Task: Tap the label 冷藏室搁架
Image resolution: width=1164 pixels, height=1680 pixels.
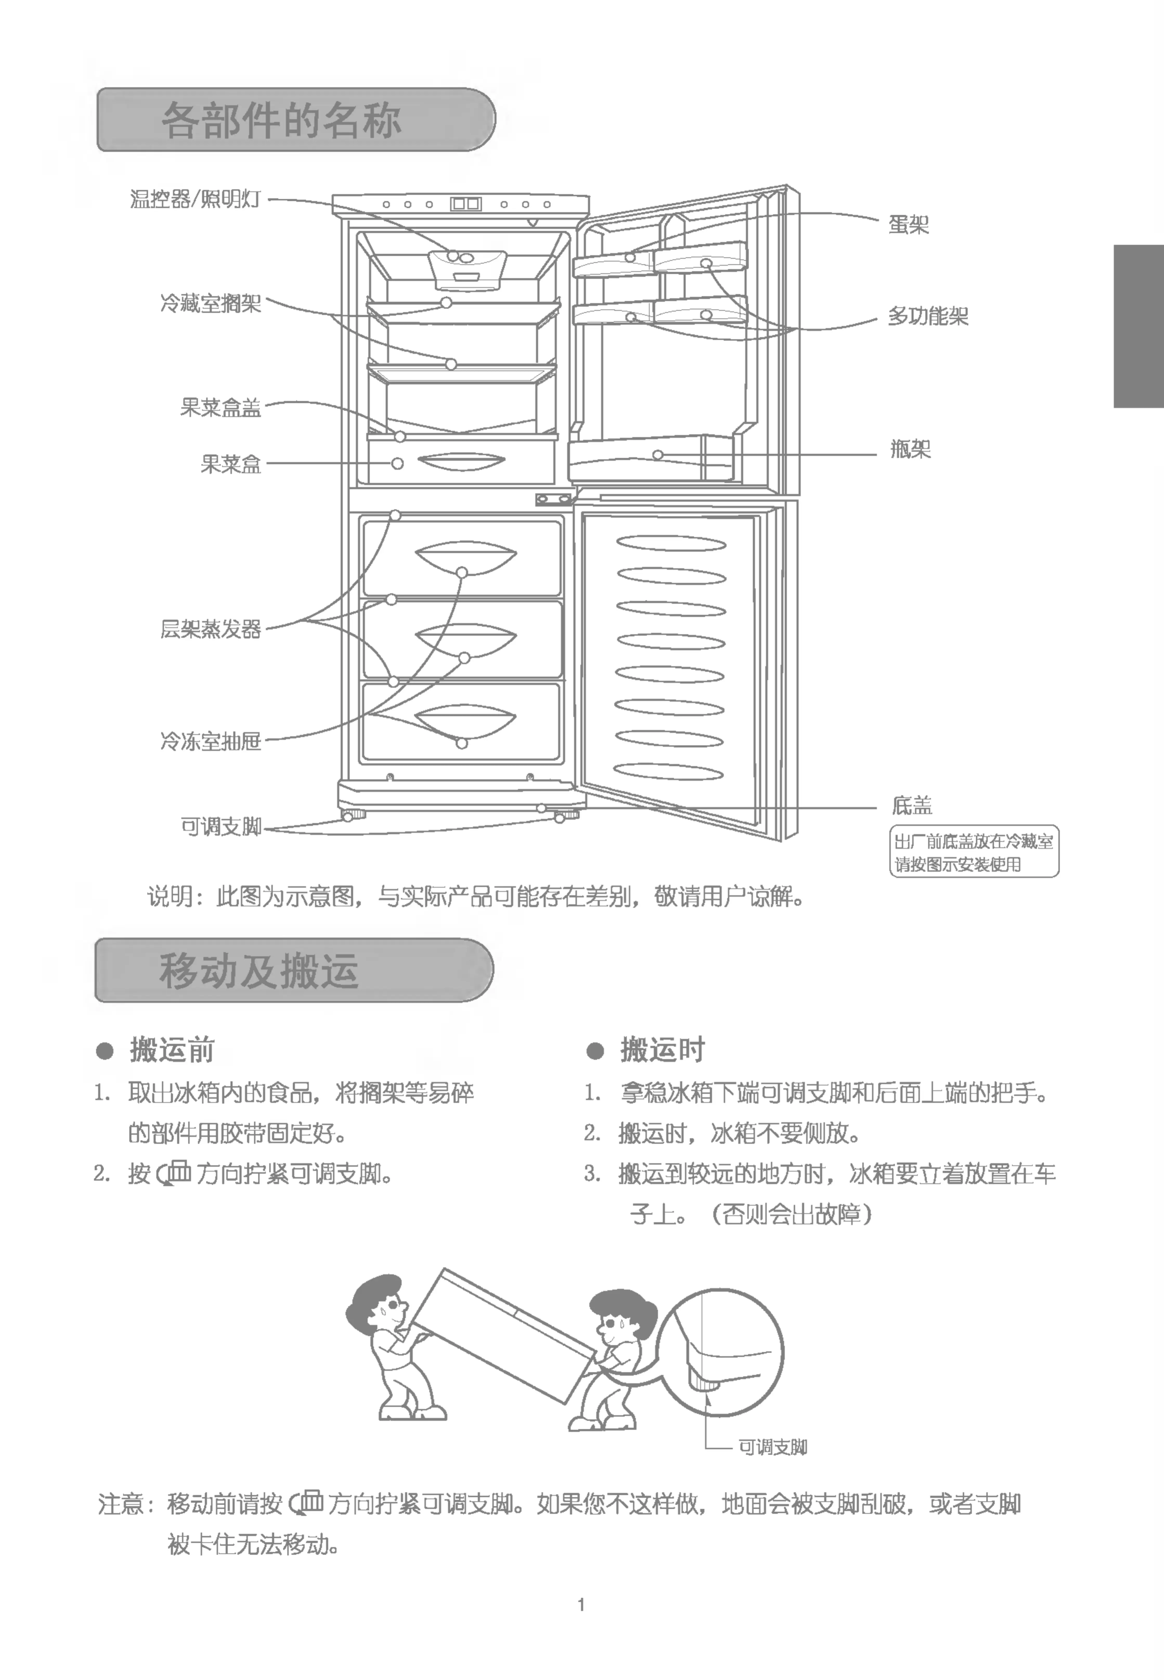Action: tap(211, 303)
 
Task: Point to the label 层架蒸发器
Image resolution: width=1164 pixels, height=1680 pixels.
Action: tap(211, 629)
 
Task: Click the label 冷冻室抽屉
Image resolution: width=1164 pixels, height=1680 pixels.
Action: tap(211, 741)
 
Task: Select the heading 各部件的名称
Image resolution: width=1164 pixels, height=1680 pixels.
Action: tap(282, 120)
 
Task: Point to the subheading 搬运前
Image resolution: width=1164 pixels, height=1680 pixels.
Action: tap(172, 1050)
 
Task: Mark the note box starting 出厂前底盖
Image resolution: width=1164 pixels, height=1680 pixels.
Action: tap(974, 852)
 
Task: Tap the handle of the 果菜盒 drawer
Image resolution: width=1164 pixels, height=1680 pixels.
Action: tap(462, 463)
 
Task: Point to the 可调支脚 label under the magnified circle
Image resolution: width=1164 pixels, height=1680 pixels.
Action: tap(772, 1447)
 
